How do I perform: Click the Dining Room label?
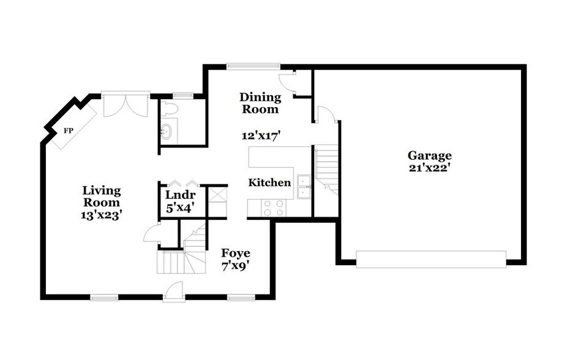pos(260,103)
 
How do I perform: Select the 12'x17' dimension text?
pos(261,136)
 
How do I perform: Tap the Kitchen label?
pos(269,182)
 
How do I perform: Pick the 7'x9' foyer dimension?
pos(235,266)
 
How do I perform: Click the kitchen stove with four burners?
pos(274,208)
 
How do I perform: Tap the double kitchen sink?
pos(304,187)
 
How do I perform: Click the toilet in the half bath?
pos(171,109)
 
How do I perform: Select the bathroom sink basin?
pos(166,130)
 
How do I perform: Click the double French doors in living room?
pos(126,105)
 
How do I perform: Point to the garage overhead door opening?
pos(431,259)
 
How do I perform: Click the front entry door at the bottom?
pos(174,292)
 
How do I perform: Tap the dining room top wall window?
pos(253,66)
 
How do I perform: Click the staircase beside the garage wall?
pos(326,169)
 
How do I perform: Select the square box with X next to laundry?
pos(217,195)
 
